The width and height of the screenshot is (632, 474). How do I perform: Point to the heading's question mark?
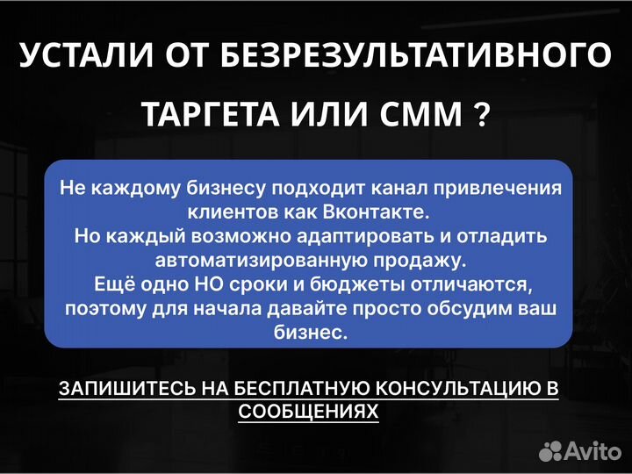click(481, 114)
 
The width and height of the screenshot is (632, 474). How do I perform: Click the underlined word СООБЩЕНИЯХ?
click(309, 412)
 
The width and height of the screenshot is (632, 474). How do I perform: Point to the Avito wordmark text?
click(592, 451)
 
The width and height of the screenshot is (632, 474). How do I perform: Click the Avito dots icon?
click(550, 451)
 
